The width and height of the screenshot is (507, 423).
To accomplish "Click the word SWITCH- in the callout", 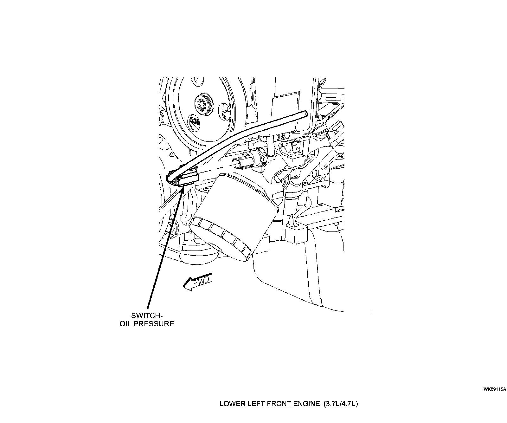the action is click(147, 316).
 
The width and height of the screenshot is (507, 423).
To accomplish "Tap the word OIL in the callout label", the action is click(126, 324).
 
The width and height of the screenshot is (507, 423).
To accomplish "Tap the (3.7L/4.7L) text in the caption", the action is click(340, 404).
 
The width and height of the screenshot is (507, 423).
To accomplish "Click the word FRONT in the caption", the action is click(279, 404).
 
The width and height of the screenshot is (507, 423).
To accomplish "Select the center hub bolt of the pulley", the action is click(202, 103).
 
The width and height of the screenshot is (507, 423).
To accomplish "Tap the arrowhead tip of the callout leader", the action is click(183, 188).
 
